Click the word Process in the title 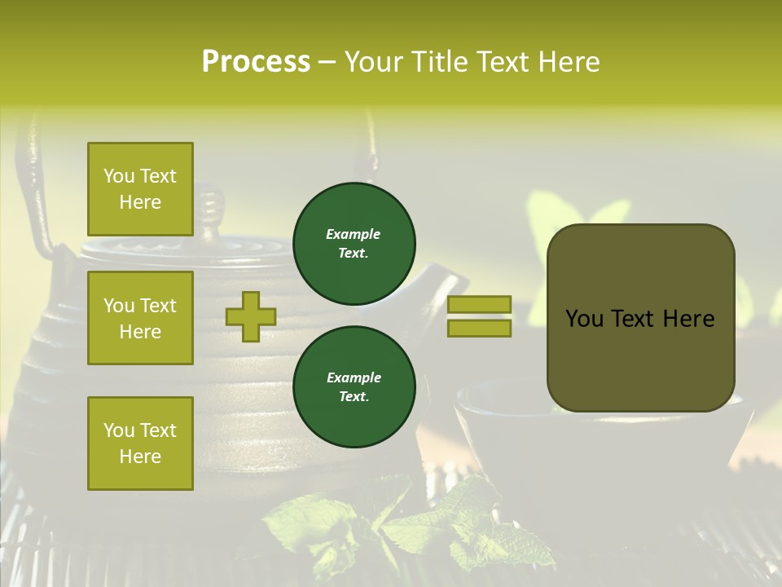[256, 62]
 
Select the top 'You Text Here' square [140, 189]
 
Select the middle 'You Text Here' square [140, 318]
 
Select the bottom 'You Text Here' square [140, 443]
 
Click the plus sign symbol [251, 316]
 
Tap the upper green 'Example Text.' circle [354, 243]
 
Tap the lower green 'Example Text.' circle [354, 386]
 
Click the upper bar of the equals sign [479, 305]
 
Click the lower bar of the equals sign [479, 328]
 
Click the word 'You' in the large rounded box [585, 319]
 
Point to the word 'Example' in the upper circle [353, 234]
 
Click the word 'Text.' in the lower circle [354, 397]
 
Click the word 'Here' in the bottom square [140, 457]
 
